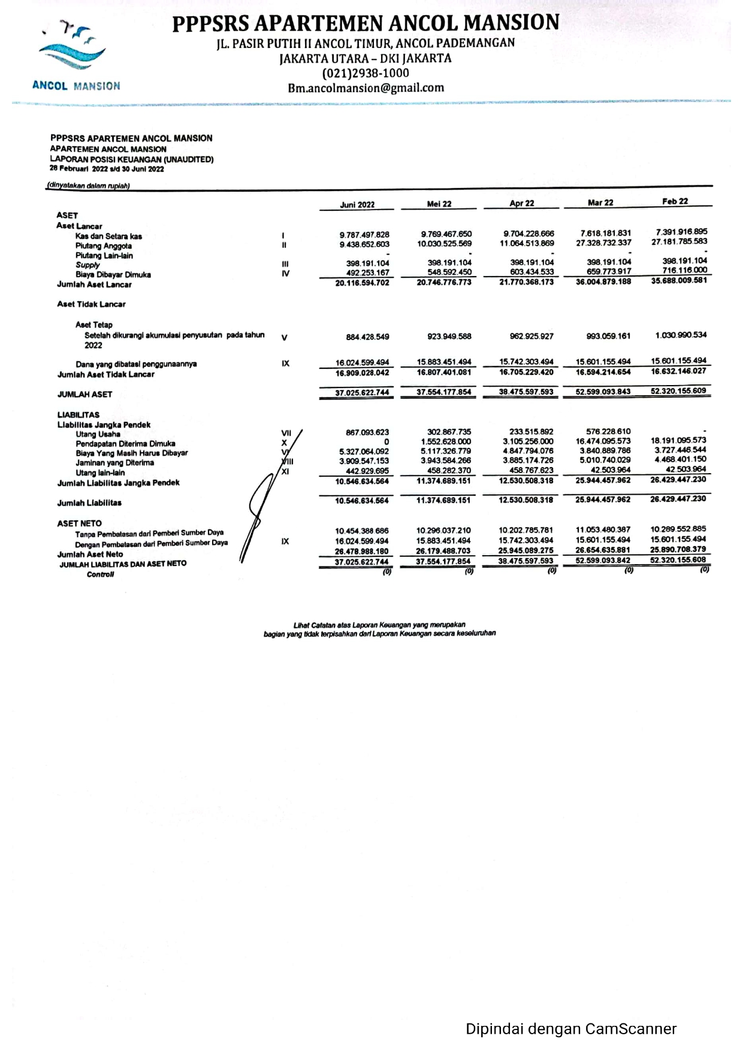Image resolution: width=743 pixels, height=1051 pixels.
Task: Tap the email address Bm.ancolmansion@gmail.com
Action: pyautogui.click(x=366, y=88)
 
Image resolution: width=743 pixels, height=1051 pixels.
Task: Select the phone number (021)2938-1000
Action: pyautogui.click(x=366, y=73)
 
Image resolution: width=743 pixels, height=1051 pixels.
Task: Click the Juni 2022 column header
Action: pyautogui.click(x=357, y=205)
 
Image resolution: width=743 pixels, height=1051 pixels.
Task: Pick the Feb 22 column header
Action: pyautogui.click(x=675, y=202)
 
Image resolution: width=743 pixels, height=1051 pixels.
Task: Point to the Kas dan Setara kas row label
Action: pyautogui.click(x=108, y=236)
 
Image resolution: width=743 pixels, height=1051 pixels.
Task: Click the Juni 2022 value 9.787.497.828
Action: pyautogui.click(x=364, y=235)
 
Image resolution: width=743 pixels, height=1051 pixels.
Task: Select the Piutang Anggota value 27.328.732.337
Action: pyautogui.click(x=603, y=243)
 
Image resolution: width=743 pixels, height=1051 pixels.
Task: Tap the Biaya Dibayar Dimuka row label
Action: pyautogui.click(x=113, y=275)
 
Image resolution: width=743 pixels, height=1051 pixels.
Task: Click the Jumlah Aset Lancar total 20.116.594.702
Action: pyautogui.click(x=362, y=283)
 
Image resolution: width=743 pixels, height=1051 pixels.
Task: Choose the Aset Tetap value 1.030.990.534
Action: pyautogui.click(x=681, y=335)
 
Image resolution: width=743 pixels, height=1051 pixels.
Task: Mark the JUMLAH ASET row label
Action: pyautogui.click(x=84, y=394)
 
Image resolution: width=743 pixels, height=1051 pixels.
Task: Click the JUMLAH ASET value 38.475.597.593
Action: pyautogui.click(x=526, y=392)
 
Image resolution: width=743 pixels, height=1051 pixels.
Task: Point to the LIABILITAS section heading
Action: pyautogui.click(x=78, y=414)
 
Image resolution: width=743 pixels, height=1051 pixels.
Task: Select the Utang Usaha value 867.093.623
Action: pyautogui.click(x=367, y=432)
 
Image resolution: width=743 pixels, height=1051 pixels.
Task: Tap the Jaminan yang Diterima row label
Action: pyautogui.click(x=114, y=463)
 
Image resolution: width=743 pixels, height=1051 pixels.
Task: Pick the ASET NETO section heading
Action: pyautogui.click(x=79, y=523)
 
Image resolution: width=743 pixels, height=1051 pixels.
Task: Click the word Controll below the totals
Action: pyautogui.click(x=100, y=574)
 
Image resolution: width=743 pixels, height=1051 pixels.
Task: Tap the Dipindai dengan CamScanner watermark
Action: pyautogui.click(x=571, y=1029)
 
